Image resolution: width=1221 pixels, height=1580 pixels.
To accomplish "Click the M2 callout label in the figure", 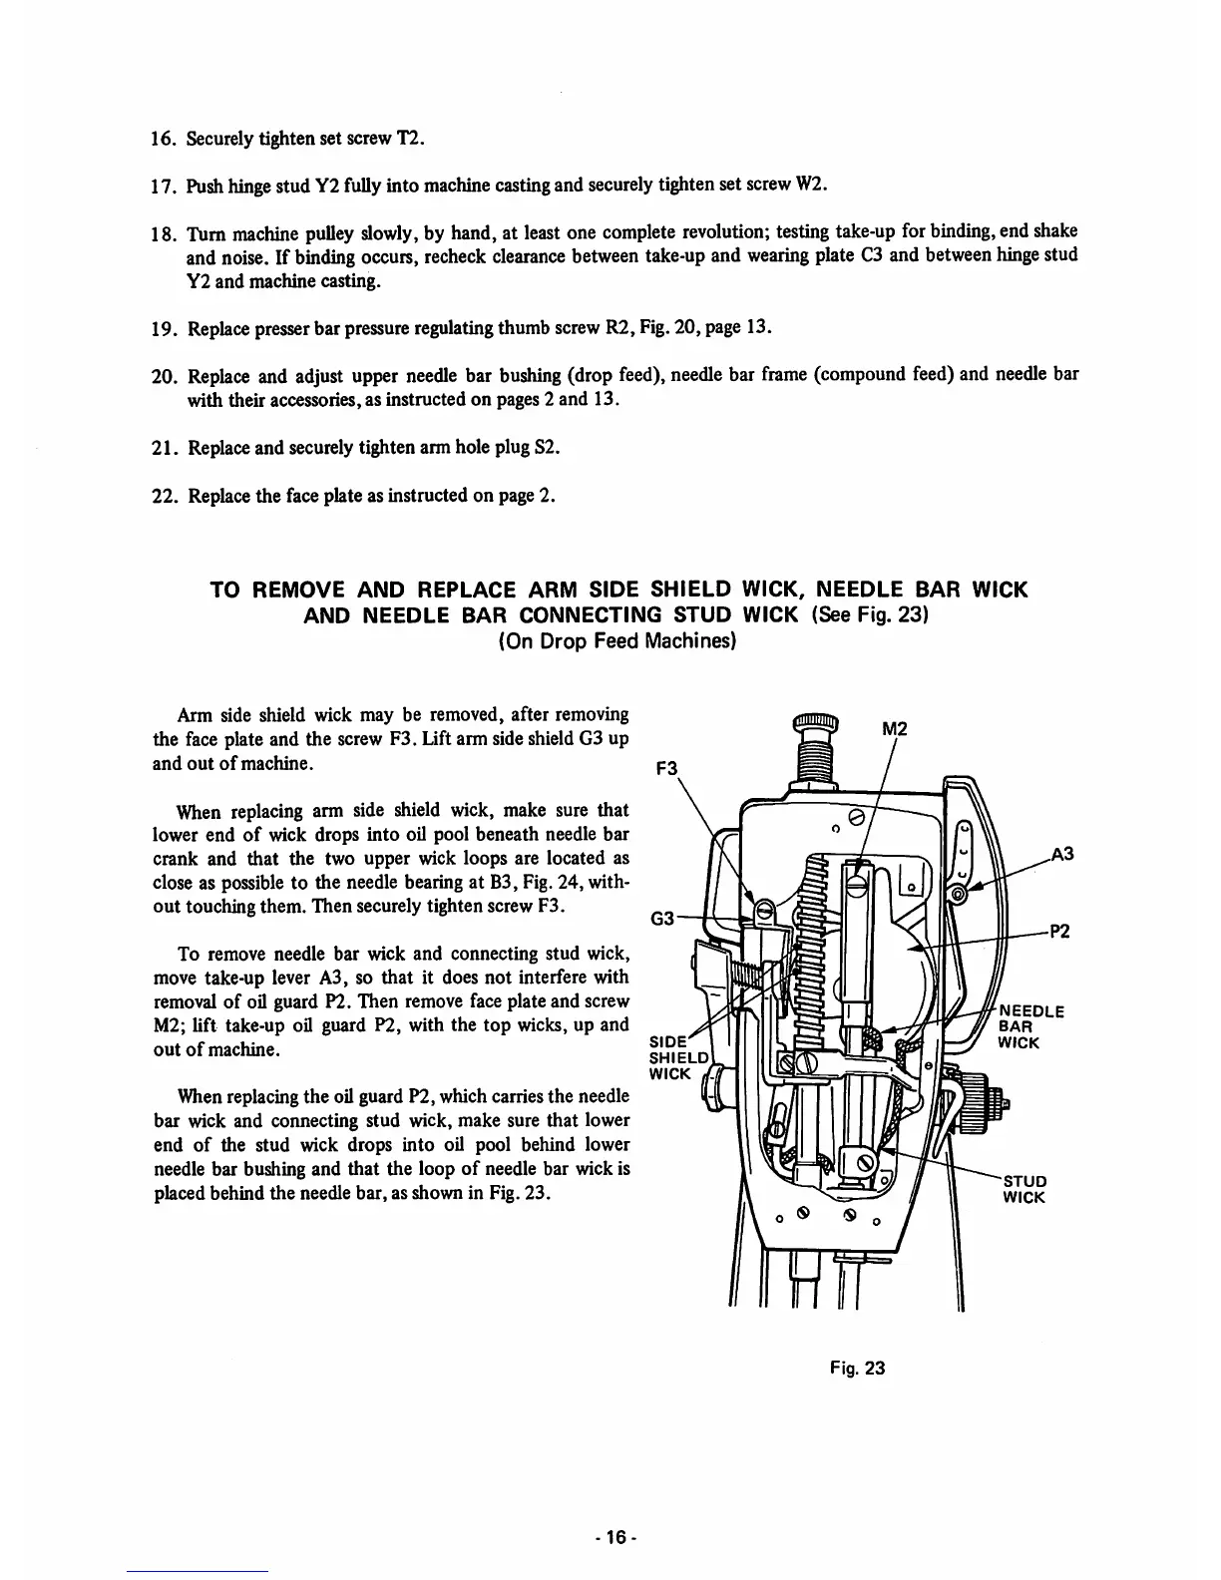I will click(896, 729).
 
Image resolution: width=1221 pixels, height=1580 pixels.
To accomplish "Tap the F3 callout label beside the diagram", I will click(665, 769).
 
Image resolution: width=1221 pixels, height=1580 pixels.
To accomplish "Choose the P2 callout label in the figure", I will click(1059, 933).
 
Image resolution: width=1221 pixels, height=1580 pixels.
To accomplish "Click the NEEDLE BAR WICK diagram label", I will click(1030, 1026).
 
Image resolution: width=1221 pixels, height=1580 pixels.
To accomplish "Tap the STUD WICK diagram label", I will click(1025, 1189).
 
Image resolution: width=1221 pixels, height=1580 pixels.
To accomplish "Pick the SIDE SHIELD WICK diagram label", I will click(678, 1057).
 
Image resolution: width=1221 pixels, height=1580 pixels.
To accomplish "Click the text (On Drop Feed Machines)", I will click(616, 641).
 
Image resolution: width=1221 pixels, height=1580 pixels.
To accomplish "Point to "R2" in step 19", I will click(627, 328).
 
